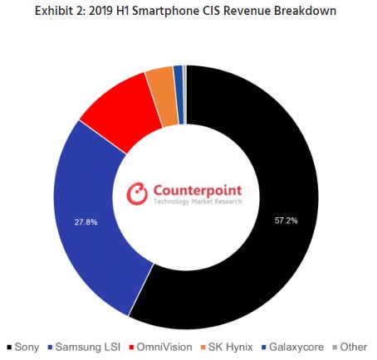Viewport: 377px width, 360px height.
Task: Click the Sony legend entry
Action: point(25,346)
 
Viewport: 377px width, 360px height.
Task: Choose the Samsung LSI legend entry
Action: point(83,346)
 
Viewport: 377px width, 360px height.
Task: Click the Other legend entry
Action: point(351,346)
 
